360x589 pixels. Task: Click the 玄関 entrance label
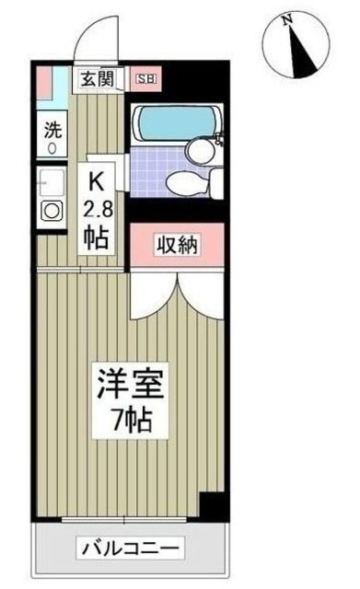[97, 79]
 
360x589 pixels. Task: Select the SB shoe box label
[145, 79]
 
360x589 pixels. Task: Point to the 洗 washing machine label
[52, 128]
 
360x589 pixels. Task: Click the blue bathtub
[175, 122]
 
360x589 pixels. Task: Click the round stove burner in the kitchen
[52, 210]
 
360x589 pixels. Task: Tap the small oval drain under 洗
[52, 146]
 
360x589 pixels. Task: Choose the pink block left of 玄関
[43, 84]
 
